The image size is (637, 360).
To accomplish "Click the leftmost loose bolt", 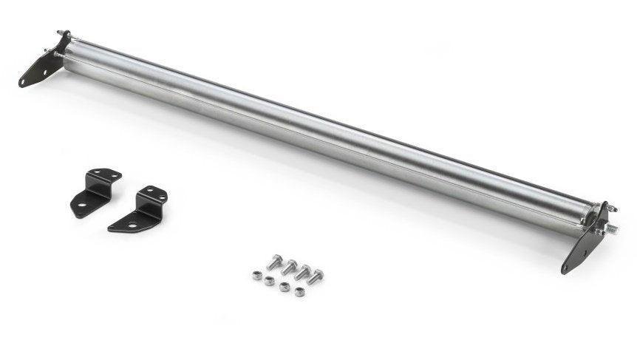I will [276, 261].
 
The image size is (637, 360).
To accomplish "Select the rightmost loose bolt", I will [316, 276].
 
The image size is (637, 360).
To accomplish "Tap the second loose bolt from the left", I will [290, 266].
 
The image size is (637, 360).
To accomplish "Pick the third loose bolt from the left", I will [302, 271].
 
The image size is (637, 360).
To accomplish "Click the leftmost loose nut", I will [256, 275].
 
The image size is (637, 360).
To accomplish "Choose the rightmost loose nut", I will [299, 291].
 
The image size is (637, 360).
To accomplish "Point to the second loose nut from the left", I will [270, 281].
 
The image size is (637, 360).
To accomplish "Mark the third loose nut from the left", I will [285, 286].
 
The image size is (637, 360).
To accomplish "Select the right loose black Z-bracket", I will [140, 208].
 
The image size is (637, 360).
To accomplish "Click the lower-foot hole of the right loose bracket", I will [130, 224].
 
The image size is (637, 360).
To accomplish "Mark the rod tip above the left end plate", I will [58, 33].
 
